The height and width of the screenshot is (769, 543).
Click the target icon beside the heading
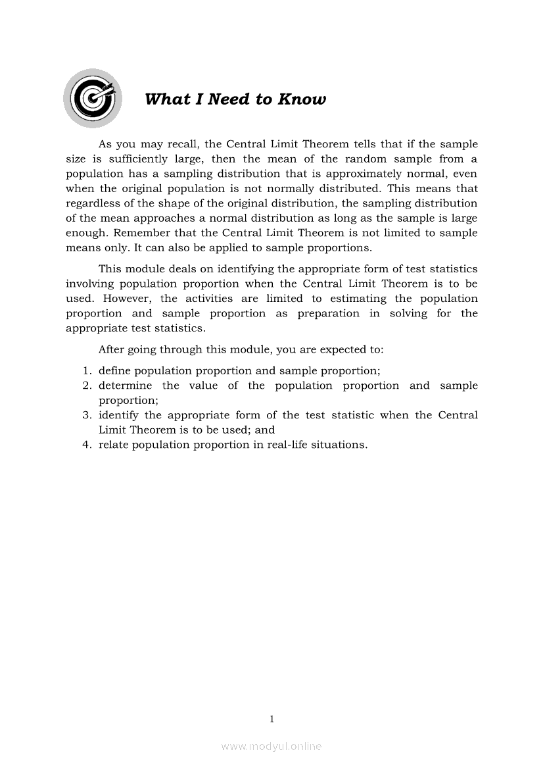(93, 99)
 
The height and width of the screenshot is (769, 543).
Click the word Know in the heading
(302, 99)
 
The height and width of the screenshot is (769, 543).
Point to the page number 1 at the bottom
(271, 719)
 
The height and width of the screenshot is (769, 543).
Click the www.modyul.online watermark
(271, 746)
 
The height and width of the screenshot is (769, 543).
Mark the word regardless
(95, 203)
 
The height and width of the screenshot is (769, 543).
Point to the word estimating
(358, 299)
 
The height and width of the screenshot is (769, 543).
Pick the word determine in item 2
(125, 385)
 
